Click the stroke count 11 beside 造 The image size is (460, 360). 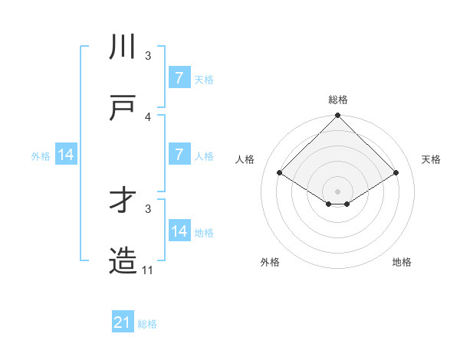coord(148,270)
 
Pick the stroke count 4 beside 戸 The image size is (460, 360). coord(148,116)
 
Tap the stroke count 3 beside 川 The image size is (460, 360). coord(148,56)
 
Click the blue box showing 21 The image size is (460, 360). coord(123,323)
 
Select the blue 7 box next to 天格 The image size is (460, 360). coord(179,77)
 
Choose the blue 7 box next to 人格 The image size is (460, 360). coord(179,154)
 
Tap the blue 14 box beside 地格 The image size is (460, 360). coord(179,231)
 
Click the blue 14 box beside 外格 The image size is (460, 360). coord(67,155)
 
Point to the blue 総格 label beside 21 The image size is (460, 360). coord(147,324)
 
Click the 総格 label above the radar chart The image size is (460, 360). coord(337,100)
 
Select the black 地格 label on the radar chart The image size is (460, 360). coord(402,262)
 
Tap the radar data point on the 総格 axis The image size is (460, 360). coord(337,116)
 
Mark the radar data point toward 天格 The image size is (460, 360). coord(396,173)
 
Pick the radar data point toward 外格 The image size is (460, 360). coord(329,204)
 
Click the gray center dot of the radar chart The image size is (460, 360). coord(337,191)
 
